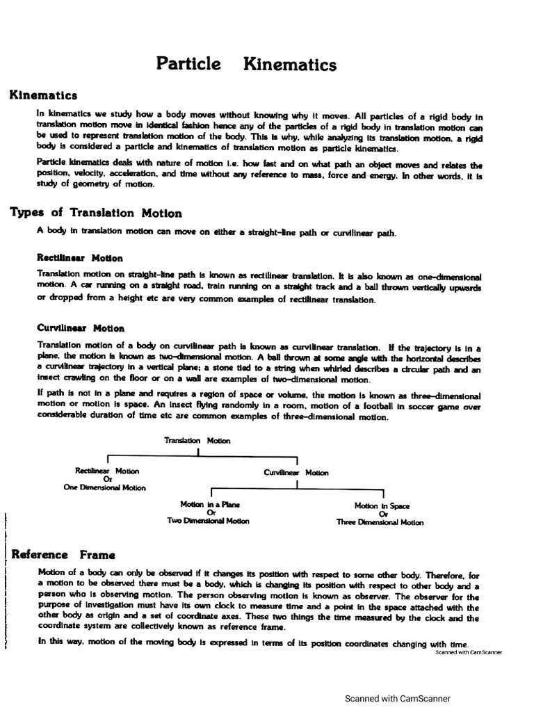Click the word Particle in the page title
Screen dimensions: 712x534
(x=188, y=65)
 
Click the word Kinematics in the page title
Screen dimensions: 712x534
(x=290, y=65)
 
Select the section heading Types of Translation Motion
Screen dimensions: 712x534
(x=96, y=213)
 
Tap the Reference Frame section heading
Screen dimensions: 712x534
(x=63, y=555)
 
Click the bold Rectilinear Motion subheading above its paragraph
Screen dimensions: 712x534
(x=80, y=258)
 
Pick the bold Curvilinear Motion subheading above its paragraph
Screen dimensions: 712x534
(x=81, y=328)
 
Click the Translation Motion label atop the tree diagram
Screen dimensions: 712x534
(x=197, y=440)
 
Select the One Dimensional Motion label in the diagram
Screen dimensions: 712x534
(x=105, y=487)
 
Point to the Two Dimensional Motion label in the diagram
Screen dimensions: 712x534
(x=207, y=521)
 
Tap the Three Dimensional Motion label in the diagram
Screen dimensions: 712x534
(x=380, y=522)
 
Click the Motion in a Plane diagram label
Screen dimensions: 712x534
(x=205, y=505)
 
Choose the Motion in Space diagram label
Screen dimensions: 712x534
(x=382, y=506)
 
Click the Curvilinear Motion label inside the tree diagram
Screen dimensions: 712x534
(x=296, y=472)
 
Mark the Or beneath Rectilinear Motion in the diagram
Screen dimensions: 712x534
(x=107, y=479)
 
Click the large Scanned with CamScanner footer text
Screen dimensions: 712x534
(x=398, y=699)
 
